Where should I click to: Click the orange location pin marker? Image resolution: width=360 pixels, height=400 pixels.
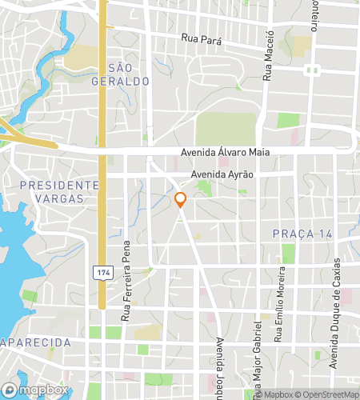181,200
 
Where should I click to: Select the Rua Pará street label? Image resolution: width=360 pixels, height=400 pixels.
200,38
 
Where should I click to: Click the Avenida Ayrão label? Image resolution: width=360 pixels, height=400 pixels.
222,174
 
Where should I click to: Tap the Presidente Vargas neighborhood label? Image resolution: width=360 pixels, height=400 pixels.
59,191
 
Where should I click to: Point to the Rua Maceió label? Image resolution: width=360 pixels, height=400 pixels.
270,55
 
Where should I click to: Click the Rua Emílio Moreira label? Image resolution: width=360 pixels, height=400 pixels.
278,313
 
